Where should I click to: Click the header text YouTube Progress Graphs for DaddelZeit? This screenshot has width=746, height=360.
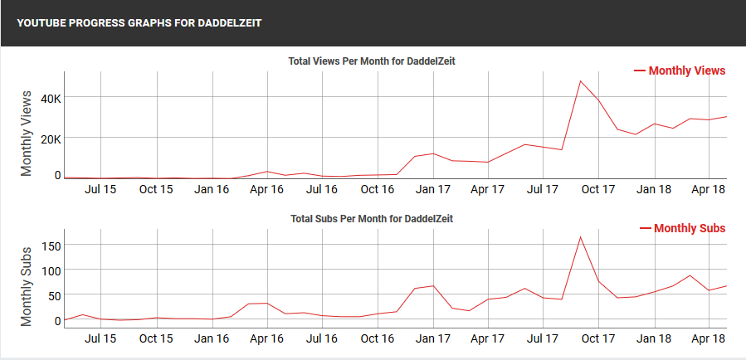click(x=139, y=23)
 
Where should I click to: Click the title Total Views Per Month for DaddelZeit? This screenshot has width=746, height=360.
click(x=372, y=61)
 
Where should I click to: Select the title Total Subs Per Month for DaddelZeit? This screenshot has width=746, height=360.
click(x=372, y=219)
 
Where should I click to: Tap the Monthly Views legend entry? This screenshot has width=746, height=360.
click(x=680, y=71)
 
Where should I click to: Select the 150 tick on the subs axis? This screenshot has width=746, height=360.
click(x=51, y=246)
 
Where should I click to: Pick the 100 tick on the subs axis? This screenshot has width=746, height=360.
click(x=51, y=270)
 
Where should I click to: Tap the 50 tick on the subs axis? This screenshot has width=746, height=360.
click(x=55, y=295)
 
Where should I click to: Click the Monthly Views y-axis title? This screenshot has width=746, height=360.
click(x=27, y=133)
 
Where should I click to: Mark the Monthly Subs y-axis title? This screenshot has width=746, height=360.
click(x=27, y=285)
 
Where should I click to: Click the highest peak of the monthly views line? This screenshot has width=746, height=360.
click(x=580, y=80)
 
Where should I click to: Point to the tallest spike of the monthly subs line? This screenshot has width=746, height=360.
click(x=580, y=237)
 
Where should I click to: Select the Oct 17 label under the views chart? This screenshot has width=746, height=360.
click(x=597, y=189)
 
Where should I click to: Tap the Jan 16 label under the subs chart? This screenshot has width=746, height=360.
click(x=212, y=338)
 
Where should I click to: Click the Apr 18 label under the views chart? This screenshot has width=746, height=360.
click(x=709, y=189)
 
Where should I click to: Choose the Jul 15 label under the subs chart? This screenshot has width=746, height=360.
click(x=100, y=338)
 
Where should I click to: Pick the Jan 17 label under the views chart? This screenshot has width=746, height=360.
click(x=432, y=189)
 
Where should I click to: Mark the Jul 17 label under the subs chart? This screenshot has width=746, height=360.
click(x=543, y=338)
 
